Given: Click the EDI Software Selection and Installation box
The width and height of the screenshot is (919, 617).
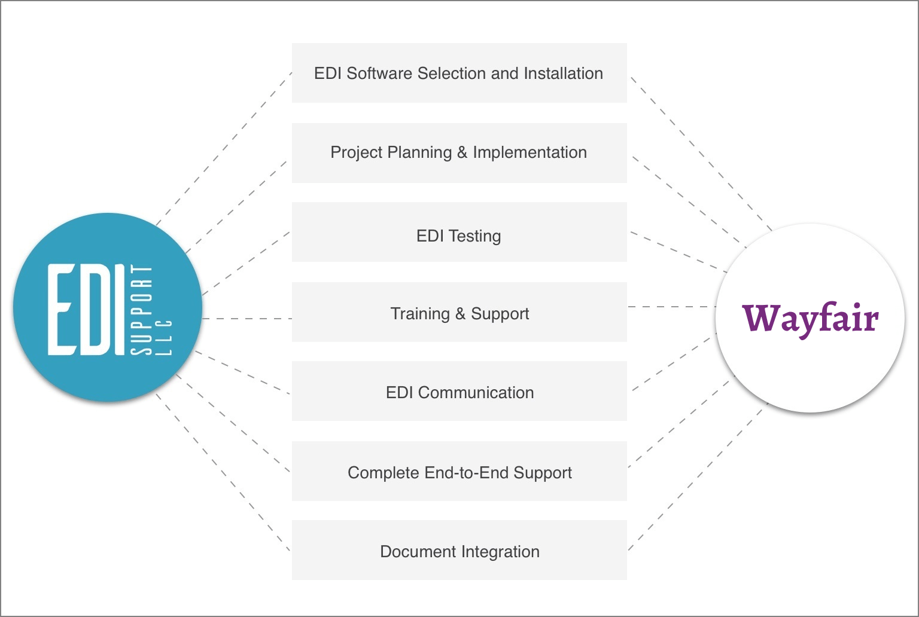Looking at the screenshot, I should pos(459,73).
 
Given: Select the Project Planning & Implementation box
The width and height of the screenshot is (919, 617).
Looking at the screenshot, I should pos(459,152).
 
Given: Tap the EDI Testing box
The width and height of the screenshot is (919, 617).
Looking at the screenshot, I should pos(459,236).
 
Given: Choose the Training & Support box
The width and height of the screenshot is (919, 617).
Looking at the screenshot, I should pos(459,313).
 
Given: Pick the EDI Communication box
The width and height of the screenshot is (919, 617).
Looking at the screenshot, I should pos(459,392).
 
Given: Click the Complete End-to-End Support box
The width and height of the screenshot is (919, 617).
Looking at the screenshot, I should pos(459,472).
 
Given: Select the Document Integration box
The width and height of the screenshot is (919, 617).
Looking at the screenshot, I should pos(459,551).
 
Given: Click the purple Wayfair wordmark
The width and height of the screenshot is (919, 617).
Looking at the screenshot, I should pos(810,318).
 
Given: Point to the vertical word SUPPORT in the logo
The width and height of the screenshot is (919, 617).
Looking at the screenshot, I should pos(142,310).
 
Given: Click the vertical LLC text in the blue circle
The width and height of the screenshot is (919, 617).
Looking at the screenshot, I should pos(164,338).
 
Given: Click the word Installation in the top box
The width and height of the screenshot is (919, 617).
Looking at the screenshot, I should pos(563,73).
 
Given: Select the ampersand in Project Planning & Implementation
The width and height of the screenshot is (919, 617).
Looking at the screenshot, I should pos(462,152).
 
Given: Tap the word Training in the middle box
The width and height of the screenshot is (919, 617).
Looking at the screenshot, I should pos(419,313).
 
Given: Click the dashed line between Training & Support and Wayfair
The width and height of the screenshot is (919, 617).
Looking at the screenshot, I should pos(671,307).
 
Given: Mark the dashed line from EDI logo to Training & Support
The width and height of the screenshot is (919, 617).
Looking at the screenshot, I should pos(247,319).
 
